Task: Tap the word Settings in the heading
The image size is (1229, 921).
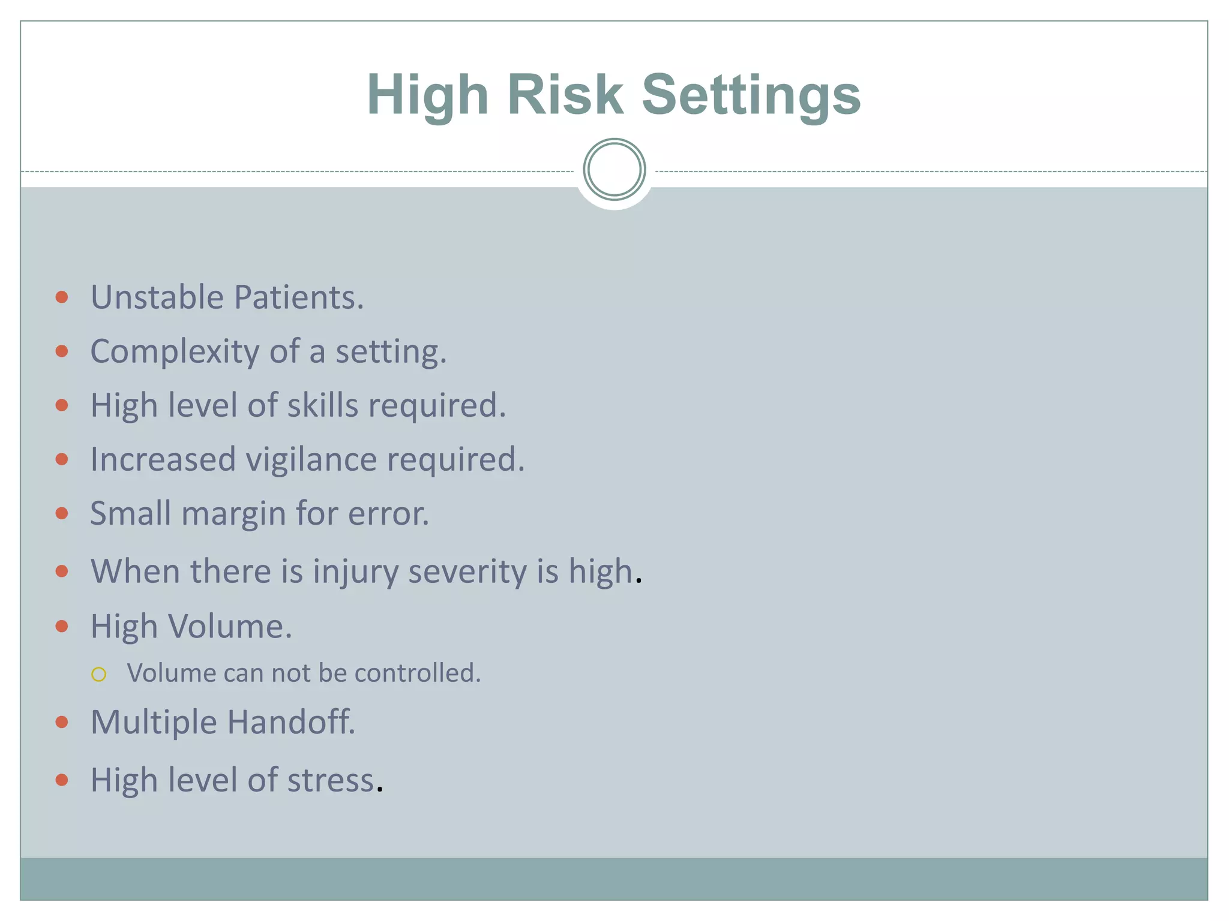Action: coord(751,96)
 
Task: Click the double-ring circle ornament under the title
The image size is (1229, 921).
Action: coord(614,169)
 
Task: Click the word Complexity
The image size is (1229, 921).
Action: coord(175,352)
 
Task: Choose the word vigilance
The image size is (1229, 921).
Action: coord(311,460)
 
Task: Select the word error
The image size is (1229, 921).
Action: coord(388,514)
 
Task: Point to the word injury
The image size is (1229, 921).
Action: coord(355,571)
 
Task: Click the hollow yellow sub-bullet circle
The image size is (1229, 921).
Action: coord(99,675)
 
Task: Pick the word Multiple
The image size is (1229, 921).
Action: coord(153,722)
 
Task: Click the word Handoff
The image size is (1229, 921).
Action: coord(291,721)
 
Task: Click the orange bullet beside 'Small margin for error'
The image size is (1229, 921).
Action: coord(62,513)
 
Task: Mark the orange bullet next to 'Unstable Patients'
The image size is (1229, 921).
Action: coord(62,297)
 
